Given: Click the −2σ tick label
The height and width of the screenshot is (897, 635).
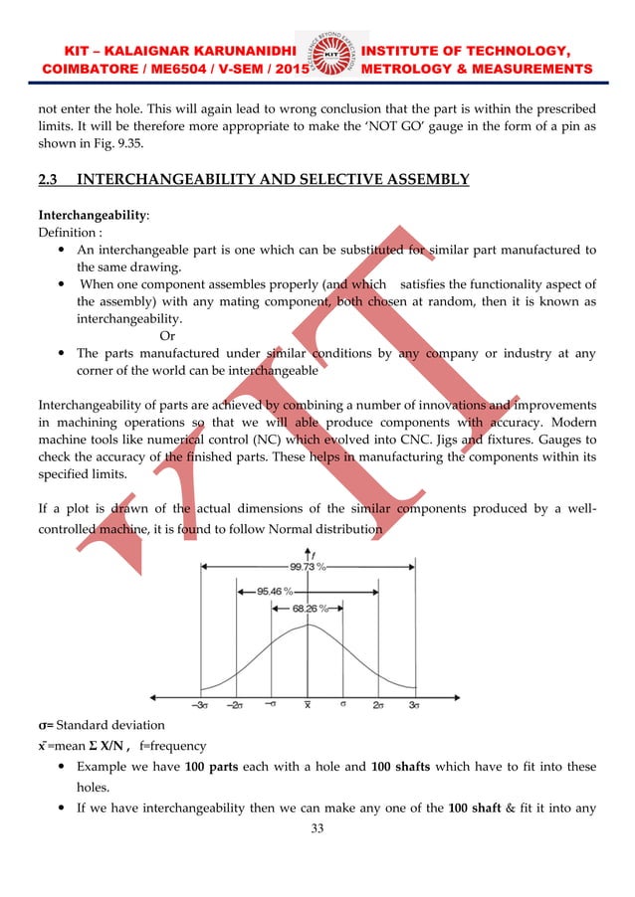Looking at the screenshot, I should pos(236,705).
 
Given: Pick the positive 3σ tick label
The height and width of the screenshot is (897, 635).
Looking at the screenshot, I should pos(414,705).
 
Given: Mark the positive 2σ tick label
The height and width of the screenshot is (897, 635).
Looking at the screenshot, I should pos(378,705).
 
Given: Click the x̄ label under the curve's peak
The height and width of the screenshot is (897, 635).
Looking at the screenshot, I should pos(308,705).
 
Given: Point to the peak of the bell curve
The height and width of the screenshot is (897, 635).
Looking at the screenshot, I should pos(309,626).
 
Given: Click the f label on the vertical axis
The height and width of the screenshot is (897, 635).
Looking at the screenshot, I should pos(315,553).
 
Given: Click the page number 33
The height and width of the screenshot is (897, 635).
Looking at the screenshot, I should pos(317,827).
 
